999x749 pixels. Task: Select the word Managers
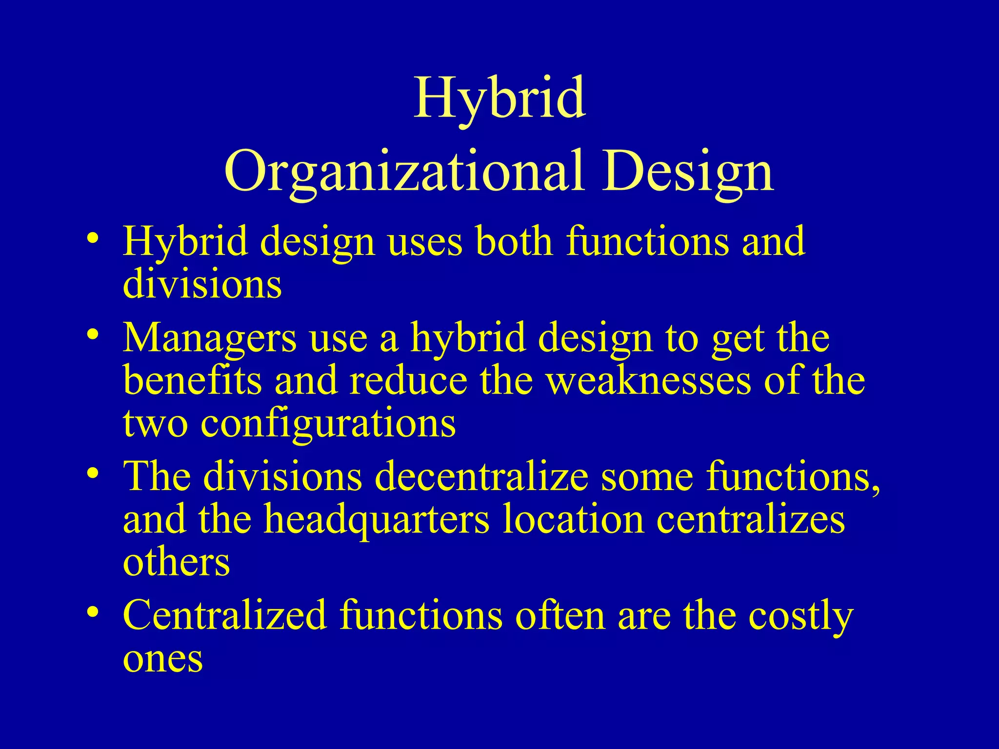coord(209,337)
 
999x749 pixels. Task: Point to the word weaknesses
coord(648,380)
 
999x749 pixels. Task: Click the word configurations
coord(328,422)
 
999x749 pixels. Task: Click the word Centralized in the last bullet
coord(224,615)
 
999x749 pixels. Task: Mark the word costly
coord(800,615)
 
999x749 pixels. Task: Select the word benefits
coord(193,380)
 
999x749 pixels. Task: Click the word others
coord(176,561)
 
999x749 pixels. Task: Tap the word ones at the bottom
coord(162,658)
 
